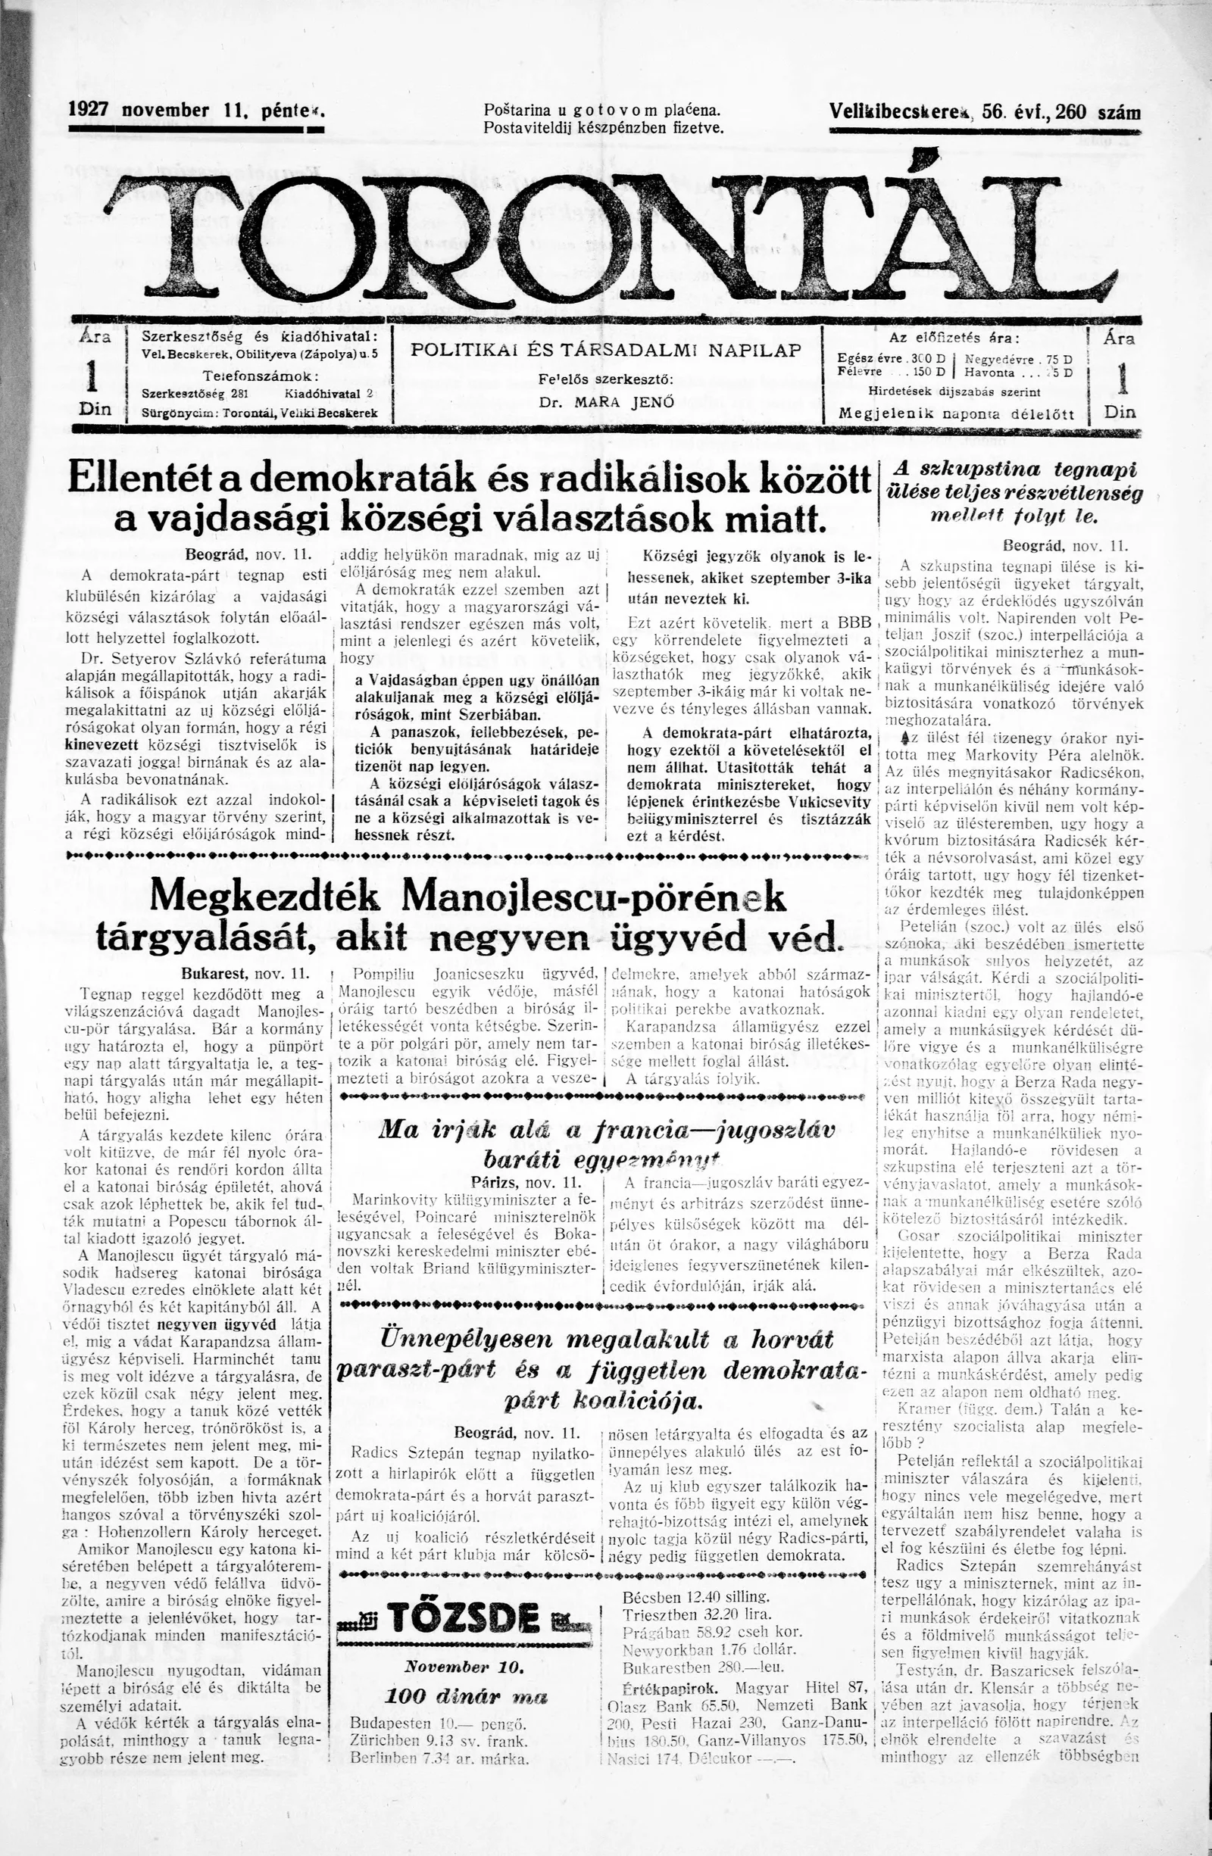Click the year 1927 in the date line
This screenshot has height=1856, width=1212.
(87, 110)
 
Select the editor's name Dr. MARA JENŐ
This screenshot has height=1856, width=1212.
(606, 403)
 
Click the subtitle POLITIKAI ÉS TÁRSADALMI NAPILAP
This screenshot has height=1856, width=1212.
(606, 351)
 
